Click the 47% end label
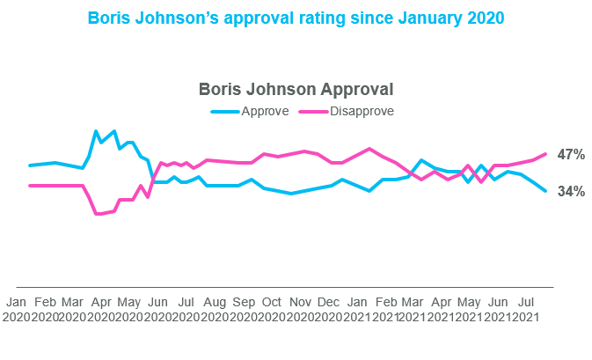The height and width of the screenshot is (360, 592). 571,155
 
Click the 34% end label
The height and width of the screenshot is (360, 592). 571,191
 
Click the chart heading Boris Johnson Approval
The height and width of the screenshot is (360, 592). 296,89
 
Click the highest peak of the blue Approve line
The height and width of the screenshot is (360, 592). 96,131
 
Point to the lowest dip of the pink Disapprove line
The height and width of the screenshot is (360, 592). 97,214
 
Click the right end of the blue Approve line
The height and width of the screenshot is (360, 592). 546,191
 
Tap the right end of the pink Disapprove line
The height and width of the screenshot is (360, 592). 546,154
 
